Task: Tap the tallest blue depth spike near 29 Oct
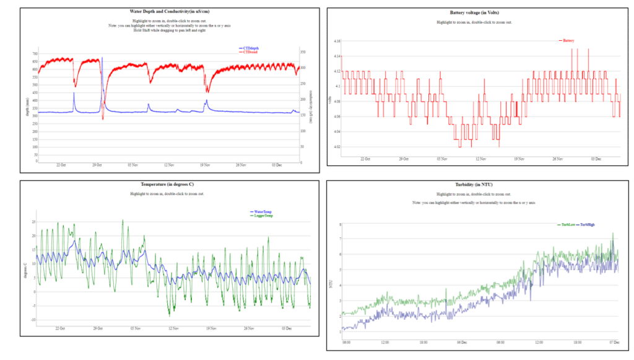coord(102,59)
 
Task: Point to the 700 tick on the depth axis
coord(35,54)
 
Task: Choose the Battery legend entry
coord(568,40)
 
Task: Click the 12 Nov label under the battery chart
coord(479,159)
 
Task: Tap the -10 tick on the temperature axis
coord(33,319)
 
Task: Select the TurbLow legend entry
coord(568,224)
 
